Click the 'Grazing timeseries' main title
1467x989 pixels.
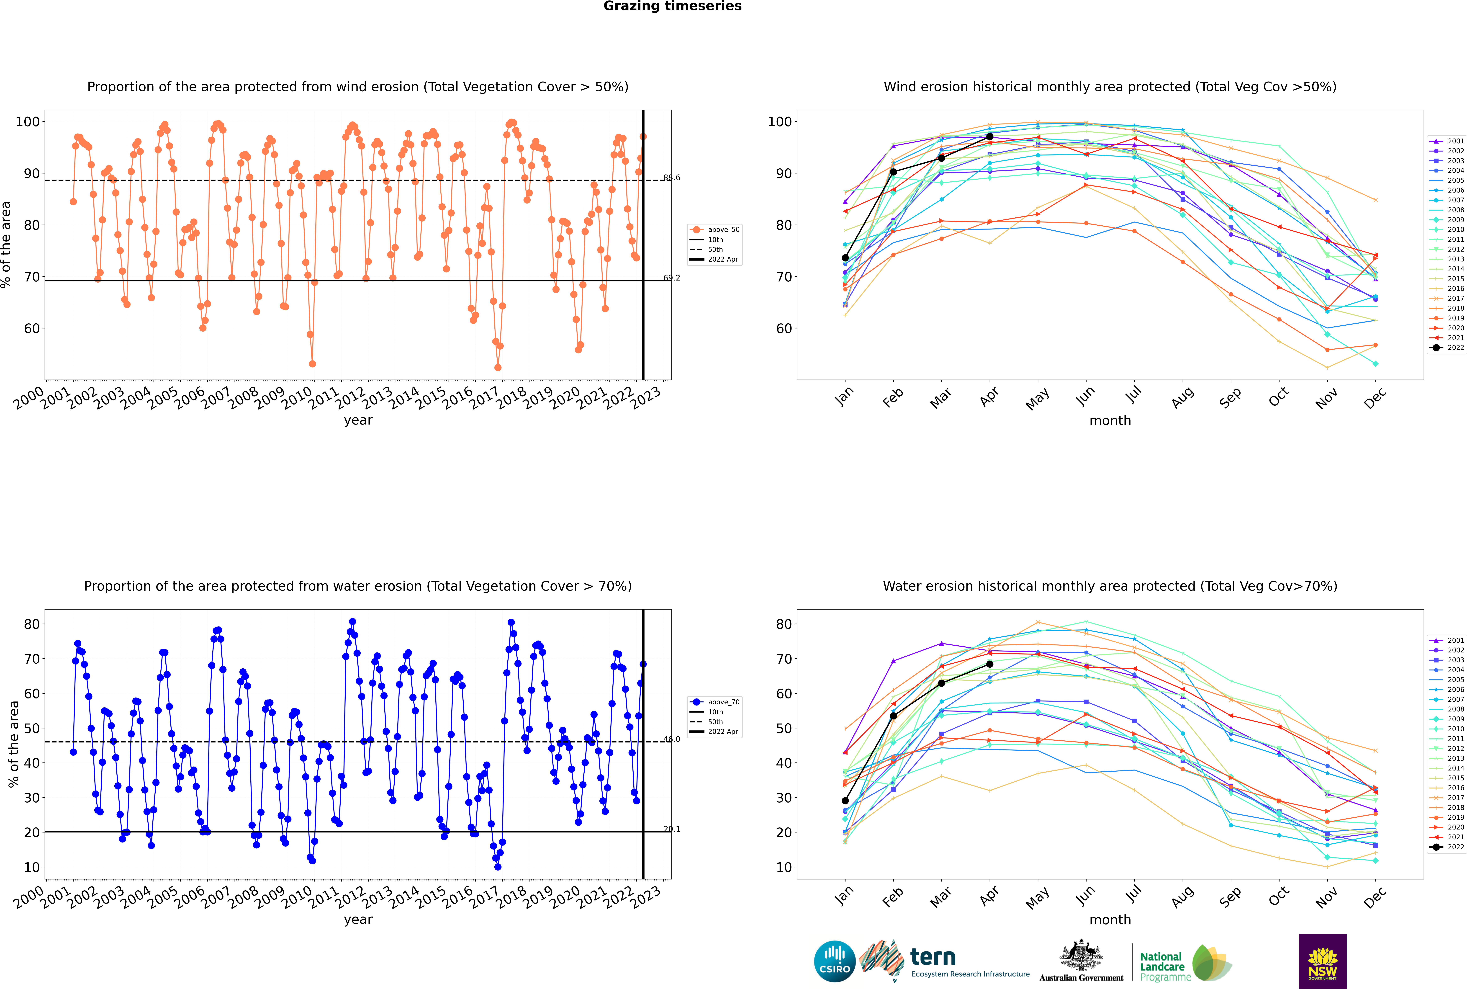(x=672, y=6)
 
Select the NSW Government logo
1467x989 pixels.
(x=1323, y=961)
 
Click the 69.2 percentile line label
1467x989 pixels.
(x=672, y=278)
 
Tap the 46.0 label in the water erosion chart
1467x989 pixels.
(x=672, y=739)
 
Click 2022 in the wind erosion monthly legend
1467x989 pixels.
(x=1451, y=348)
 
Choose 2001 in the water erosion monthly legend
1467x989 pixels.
(x=1451, y=640)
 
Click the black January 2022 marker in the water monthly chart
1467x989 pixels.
(x=845, y=800)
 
